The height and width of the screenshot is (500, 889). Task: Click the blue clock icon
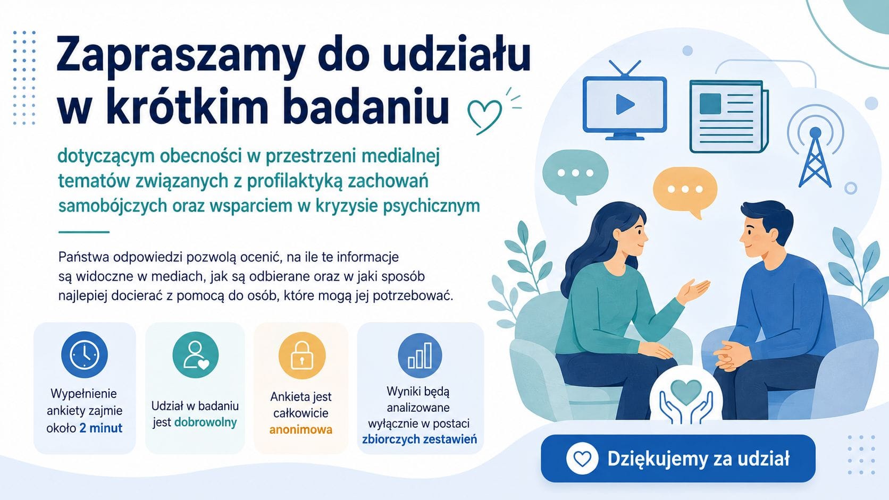point(85,354)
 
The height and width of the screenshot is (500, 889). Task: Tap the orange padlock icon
point(302,355)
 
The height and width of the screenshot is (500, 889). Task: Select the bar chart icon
point(420,355)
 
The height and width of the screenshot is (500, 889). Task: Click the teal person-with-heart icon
point(196,354)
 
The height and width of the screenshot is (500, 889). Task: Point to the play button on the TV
point(625,105)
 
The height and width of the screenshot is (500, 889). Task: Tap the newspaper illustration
point(729,116)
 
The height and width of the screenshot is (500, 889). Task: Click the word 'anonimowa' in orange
point(301,430)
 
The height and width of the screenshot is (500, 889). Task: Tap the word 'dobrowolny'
point(206,422)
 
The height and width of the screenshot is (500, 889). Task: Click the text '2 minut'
point(101,428)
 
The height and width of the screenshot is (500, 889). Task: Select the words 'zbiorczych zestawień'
point(420,439)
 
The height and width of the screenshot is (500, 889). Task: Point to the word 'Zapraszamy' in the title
point(181,57)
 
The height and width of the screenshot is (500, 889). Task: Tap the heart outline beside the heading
point(484,115)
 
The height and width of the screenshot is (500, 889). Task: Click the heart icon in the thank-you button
point(582,459)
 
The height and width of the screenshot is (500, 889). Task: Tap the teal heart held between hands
point(685,392)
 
